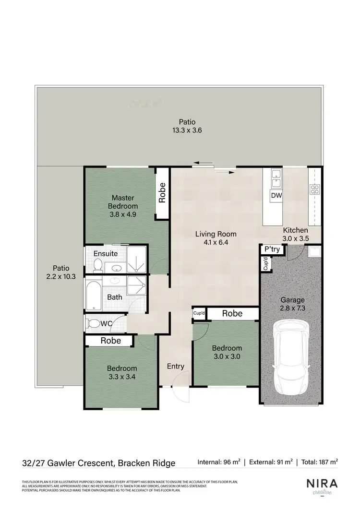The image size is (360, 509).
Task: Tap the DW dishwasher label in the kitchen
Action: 276,196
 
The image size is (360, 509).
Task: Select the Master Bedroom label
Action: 123,206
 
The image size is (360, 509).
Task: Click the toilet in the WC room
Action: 93,324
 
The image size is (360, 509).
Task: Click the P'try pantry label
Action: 272,250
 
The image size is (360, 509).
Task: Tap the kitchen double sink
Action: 276,178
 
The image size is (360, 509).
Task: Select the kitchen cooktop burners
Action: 315,189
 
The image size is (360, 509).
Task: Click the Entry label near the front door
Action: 176,367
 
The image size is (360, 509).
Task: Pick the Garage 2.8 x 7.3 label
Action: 292,306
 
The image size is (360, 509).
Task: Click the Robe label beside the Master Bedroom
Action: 162,192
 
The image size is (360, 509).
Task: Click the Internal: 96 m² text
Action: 219,462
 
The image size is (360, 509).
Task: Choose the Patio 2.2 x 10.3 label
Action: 61,272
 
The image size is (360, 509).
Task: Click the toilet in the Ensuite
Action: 97,264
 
